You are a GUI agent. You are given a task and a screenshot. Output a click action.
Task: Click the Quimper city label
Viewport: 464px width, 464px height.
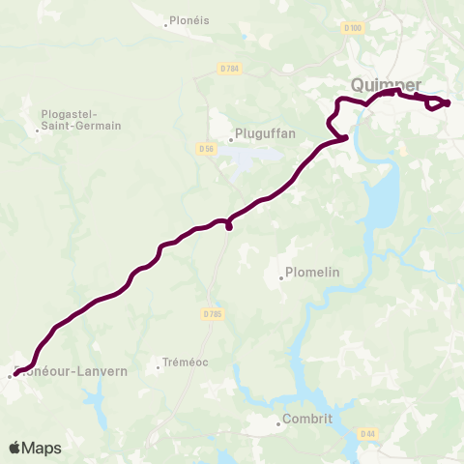386,84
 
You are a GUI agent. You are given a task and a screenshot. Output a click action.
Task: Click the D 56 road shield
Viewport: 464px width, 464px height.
204,148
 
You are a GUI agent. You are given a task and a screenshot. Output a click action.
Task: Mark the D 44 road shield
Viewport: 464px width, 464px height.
366,433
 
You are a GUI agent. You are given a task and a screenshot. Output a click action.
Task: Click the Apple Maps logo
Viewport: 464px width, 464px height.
34,448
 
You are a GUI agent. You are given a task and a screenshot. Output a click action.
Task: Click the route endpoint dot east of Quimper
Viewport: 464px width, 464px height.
448,101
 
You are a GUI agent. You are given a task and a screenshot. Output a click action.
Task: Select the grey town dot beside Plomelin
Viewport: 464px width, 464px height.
281,278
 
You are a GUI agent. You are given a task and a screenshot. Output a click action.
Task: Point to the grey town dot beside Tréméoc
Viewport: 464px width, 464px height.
159,366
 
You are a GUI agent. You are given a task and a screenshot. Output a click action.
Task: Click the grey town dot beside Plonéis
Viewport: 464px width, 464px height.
165,24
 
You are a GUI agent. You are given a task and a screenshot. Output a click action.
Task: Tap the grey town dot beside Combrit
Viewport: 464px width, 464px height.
278,421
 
